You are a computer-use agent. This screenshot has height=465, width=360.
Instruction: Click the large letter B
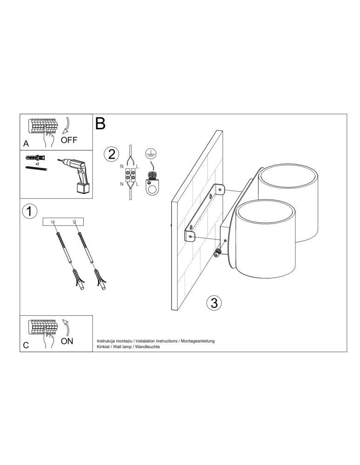100,124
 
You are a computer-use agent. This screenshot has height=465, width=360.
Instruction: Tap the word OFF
69,139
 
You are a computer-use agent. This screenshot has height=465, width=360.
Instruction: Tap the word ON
67,341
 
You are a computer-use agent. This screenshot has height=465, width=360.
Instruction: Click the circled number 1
29,212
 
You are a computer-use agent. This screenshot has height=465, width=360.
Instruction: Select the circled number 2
111,154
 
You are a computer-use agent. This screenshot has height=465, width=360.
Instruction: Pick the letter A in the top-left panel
26,144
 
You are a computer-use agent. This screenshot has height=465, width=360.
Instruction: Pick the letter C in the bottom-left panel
26,345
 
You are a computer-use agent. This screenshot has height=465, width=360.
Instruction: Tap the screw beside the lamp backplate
216,253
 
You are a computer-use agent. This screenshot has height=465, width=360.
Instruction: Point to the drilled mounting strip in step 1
63,222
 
